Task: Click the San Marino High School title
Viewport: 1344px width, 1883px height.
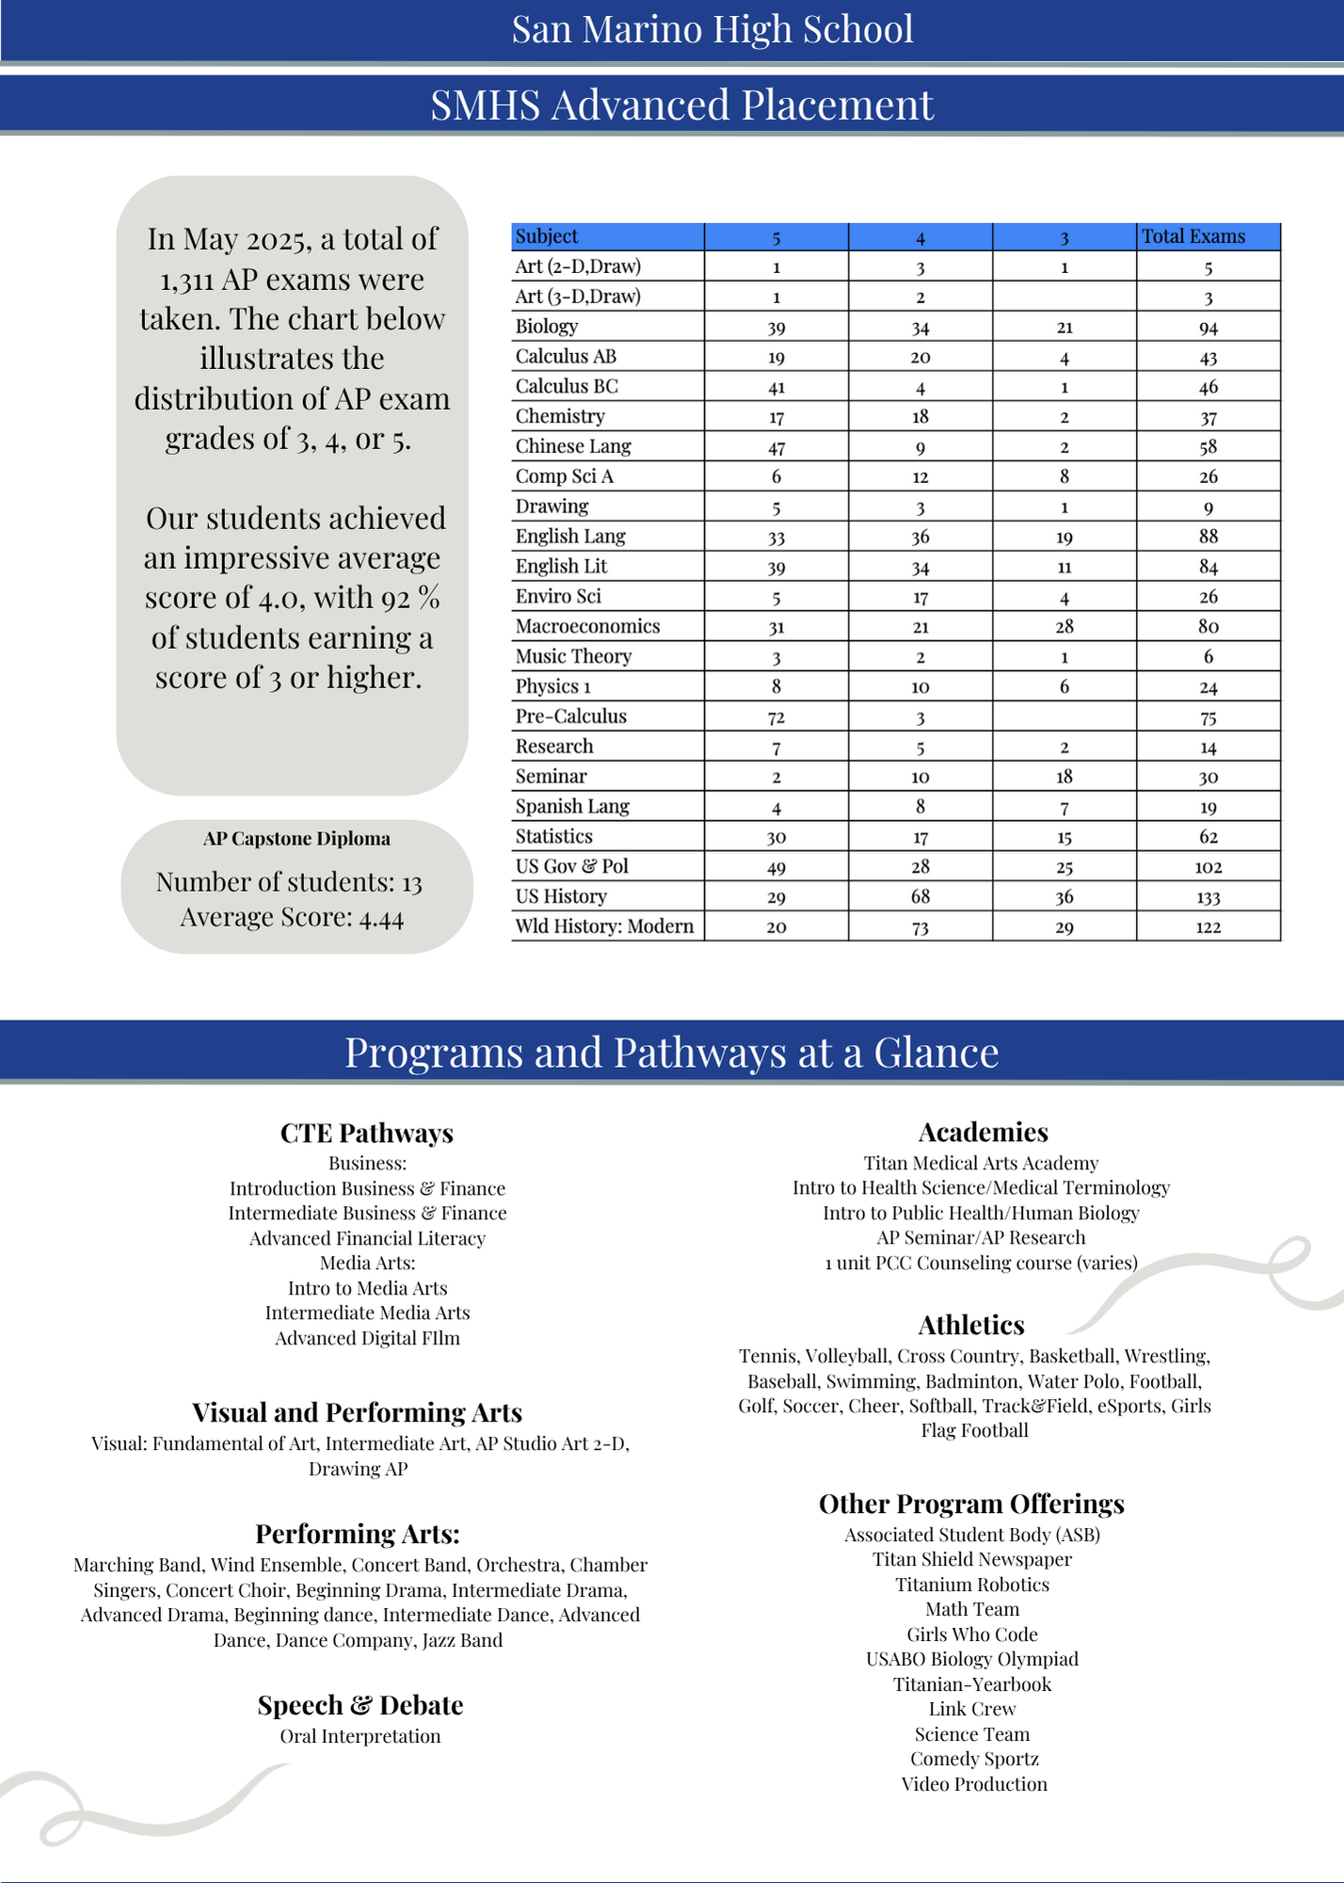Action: [712, 30]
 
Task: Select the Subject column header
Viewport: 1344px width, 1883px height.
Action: [547, 237]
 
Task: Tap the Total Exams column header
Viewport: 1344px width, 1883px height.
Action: [1192, 237]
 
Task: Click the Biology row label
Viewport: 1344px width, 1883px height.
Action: [547, 327]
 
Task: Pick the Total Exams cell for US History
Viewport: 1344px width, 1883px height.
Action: [1208, 897]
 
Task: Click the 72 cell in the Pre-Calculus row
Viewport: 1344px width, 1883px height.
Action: [776, 717]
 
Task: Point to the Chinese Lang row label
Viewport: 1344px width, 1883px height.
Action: [573, 446]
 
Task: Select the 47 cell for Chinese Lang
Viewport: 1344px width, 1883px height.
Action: [776, 447]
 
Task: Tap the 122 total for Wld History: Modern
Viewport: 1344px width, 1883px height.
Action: [1208, 927]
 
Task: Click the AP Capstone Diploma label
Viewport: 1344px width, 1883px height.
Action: [296, 839]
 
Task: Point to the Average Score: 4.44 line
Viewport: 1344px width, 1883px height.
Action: [292, 918]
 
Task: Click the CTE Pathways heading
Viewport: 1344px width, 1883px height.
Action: [367, 1134]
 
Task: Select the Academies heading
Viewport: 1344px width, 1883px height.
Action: [983, 1133]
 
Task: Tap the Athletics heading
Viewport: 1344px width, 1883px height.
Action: [971, 1326]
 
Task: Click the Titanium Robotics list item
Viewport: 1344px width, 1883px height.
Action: [972, 1585]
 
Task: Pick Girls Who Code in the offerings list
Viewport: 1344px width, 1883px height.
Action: [972, 1634]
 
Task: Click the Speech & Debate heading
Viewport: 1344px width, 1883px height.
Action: [360, 1706]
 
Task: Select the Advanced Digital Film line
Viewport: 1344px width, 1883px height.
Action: [367, 1338]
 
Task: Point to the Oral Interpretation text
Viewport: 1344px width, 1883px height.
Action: [360, 1736]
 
